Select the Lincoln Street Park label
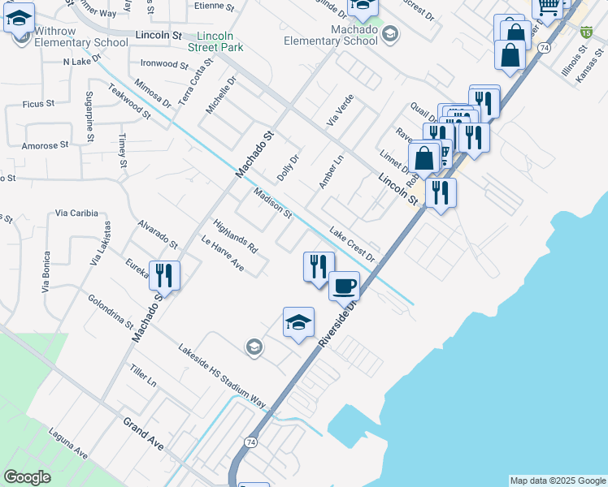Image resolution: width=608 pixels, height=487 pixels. [215, 42]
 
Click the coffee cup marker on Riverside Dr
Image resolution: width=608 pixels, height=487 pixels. [345, 286]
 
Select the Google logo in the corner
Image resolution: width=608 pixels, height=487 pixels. [27, 477]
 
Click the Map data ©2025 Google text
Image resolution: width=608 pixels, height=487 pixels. [557, 481]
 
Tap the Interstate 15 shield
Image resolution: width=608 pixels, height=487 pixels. [585, 32]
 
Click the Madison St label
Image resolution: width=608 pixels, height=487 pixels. [272, 204]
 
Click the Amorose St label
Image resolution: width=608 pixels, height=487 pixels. [46, 145]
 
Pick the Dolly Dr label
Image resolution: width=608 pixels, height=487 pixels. [288, 168]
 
